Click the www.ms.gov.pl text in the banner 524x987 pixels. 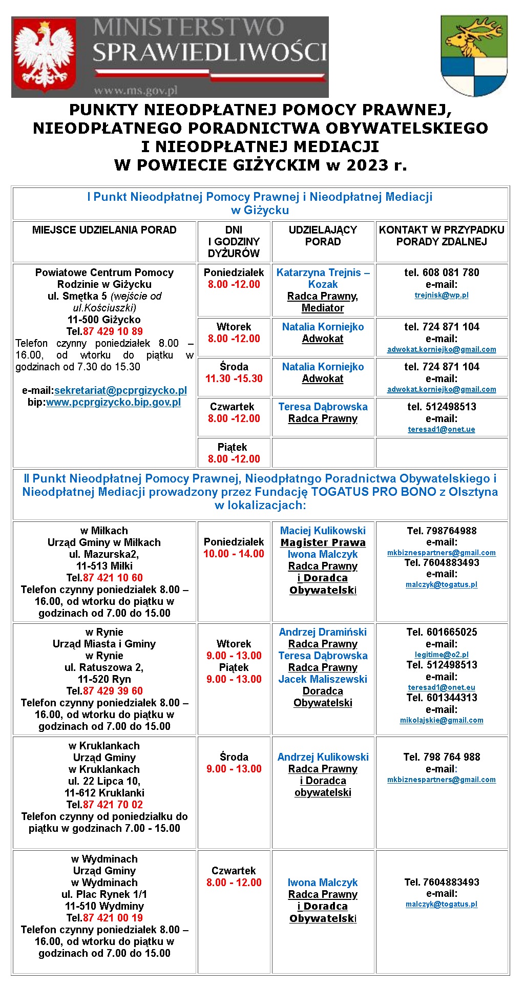coord(135,91)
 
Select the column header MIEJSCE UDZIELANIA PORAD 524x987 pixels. coord(104,230)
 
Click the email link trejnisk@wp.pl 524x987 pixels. coord(442,295)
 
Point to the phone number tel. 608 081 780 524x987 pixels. coord(442,272)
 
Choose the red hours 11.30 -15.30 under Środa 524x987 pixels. coord(234,379)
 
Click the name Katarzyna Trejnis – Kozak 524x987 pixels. coord(323,278)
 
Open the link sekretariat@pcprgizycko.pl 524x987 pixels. coord(120,390)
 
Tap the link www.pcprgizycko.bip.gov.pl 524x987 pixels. coord(113,402)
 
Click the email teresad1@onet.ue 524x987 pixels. coord(442,429)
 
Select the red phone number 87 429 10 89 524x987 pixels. coord(113,331)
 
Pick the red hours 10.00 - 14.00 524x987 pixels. coord(234,554)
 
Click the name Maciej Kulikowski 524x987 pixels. coord(323,531)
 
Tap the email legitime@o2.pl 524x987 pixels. coord(442,655)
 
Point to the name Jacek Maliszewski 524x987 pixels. coord(323,679)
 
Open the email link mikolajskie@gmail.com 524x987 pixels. coord(442,720)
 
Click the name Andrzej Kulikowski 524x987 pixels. coord(323,757)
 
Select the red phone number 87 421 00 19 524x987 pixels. coord(113,918)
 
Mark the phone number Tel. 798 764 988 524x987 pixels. coord(442,757)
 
